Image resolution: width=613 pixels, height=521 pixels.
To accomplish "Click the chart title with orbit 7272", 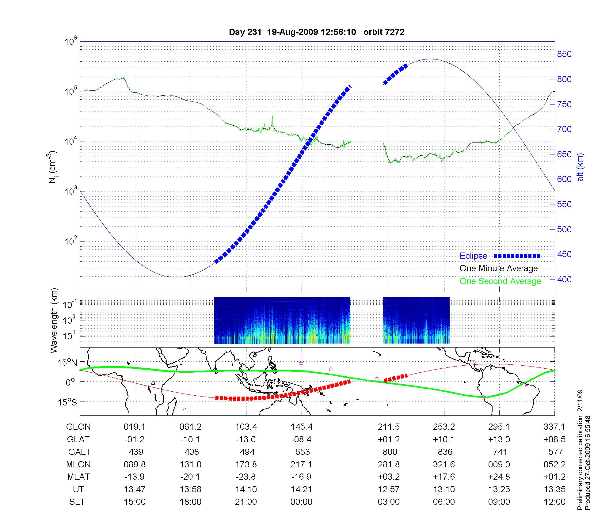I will pos(317,32).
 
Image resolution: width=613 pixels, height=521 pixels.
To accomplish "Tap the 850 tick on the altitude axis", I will pos(564,54).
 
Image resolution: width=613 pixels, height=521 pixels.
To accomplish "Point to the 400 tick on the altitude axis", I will pos(564,279).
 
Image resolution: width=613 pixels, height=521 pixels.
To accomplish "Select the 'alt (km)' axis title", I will pos(580,167).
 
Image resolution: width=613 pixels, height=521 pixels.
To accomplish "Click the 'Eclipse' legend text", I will pos(473,256).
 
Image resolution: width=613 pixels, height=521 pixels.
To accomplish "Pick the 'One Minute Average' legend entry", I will pos(499,268).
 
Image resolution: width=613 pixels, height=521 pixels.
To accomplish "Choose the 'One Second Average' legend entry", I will pos(500,281).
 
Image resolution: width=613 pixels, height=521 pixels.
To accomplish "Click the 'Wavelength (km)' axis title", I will pos(54,321).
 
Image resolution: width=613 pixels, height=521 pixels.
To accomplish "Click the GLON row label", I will pos(78,427).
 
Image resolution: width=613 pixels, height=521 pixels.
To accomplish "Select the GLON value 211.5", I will pos(389,427).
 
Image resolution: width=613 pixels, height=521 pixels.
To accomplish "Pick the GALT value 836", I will pos(445,452).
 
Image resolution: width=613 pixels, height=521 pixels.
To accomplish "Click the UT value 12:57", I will pos(389,489).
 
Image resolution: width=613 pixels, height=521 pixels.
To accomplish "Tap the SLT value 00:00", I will pos(301,502).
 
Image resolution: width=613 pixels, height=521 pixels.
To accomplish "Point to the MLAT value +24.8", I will pos(499,477).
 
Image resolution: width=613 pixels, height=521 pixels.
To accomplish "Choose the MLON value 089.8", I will pos(135,465).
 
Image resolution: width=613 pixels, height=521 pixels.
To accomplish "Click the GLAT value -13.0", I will pos(246,439).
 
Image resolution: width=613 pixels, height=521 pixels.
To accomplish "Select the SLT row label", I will pos(77,502).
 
